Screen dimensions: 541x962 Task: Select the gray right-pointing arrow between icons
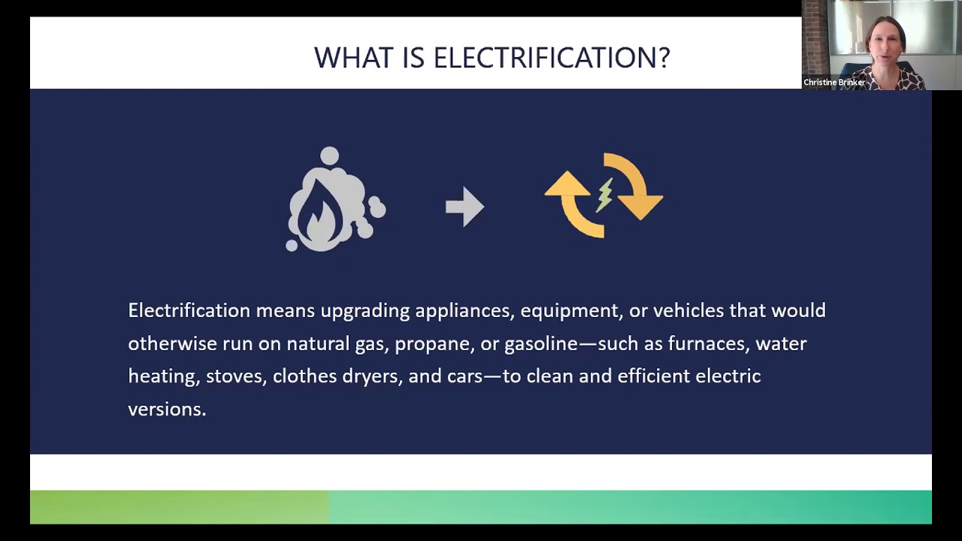(464, 207)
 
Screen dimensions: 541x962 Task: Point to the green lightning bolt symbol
(605, 195)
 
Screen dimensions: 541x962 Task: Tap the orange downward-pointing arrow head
(640, 205)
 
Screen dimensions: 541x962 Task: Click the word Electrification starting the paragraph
(189, 310)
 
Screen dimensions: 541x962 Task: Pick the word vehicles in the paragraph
(688, 310)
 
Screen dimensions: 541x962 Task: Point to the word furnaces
(706, 343)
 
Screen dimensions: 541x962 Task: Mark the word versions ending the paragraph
(166, 409)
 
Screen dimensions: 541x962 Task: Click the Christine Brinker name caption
(833, 83)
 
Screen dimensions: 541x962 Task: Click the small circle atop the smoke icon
(329, 156)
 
